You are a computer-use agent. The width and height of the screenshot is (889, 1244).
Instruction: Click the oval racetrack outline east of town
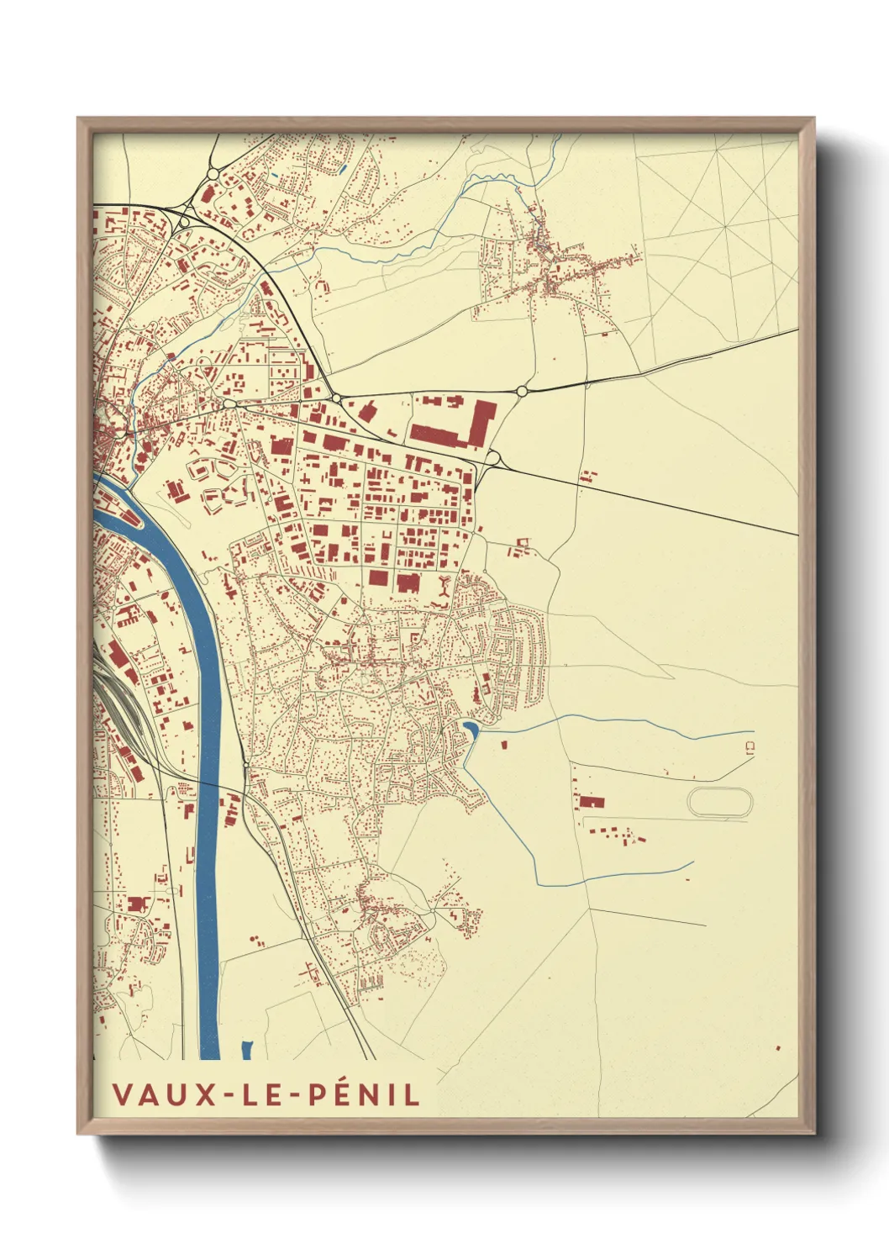[x=720, y=802]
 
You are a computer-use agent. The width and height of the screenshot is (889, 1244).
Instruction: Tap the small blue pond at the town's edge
[x=471, y=728]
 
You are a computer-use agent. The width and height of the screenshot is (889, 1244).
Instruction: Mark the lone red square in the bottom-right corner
[x=777, y=1047]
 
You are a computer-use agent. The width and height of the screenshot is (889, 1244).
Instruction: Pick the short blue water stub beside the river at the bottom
[x=247, y=1050]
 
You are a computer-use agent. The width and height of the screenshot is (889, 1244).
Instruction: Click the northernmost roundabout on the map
[x=212, y=174]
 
